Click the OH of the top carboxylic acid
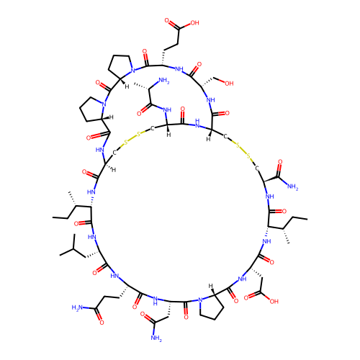(194, 23)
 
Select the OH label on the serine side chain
(229, 84)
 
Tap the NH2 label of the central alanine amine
(164, 81)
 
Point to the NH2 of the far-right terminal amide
(292, 186)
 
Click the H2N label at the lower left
(77, 307)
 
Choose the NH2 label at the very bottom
(156, 338)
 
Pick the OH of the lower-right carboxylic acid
(274, 301)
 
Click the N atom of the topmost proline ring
(132, 71)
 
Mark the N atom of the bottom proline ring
(200, 300)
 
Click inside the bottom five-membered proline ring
(212, 307)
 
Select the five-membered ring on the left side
(92, 109)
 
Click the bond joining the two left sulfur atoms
(132, 138)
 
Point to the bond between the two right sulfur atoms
(243, 151)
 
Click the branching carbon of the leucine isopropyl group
(73, 250)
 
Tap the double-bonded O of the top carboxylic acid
(167, 20)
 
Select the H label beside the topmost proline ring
(127, 86)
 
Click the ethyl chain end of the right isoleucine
(307, 219)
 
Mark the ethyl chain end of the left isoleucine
(53, 217)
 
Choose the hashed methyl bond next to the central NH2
(142, 86)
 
